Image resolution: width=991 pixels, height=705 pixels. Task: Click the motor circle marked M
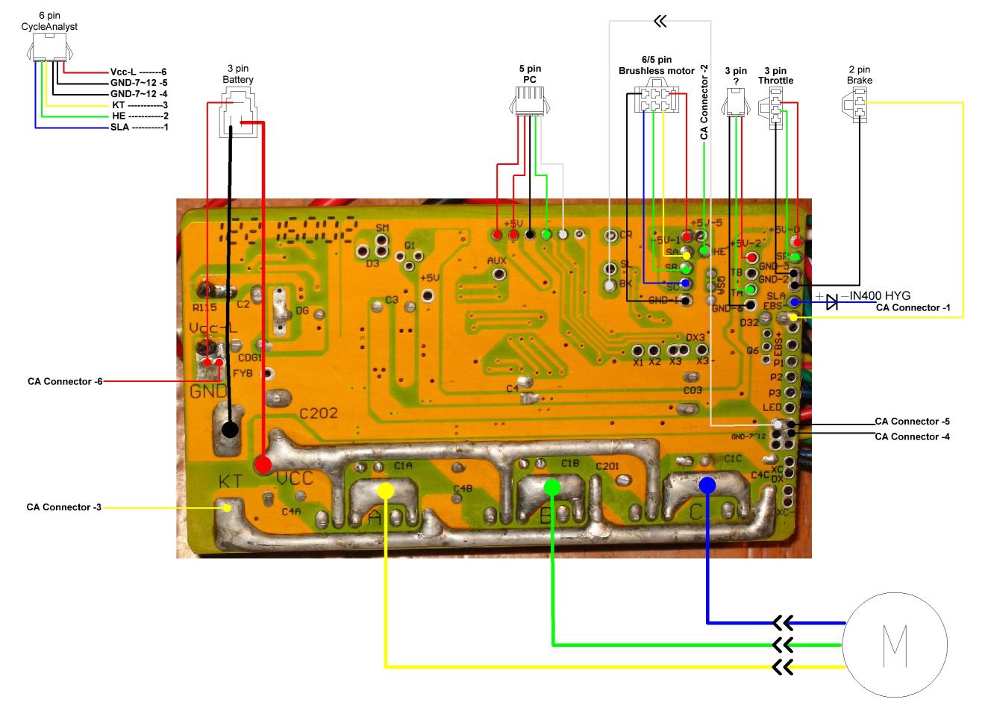895,645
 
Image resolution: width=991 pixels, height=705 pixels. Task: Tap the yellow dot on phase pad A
385,490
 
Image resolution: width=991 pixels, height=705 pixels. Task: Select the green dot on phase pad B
552,487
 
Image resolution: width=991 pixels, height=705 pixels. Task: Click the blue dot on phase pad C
707,485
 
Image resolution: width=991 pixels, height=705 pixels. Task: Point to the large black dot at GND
230,429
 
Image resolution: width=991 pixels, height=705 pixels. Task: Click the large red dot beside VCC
263,464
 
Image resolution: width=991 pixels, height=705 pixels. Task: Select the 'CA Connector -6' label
65,381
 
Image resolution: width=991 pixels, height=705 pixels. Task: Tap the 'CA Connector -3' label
64,507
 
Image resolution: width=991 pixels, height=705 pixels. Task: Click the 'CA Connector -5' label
912,422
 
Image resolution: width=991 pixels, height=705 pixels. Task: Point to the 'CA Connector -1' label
913,307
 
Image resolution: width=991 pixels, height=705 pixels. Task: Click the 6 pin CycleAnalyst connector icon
49,49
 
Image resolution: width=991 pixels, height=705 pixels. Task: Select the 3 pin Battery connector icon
237,112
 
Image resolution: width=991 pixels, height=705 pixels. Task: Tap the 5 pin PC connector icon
529,100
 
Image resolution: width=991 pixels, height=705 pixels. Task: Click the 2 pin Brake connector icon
860,104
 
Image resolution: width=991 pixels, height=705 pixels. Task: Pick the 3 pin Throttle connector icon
776,107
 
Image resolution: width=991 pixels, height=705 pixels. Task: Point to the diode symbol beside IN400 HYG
831,301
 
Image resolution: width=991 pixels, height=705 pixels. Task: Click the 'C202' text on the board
319,413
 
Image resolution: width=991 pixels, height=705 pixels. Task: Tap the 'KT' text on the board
229,481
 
